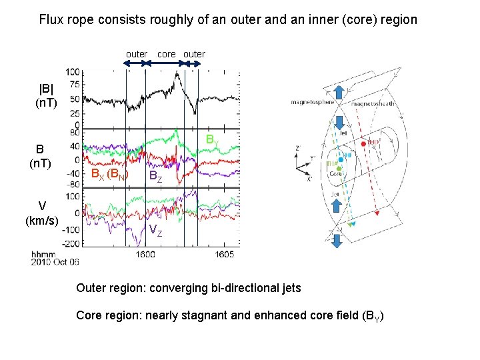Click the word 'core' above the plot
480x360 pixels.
tap(167, 53)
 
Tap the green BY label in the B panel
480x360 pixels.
tap(211, 141)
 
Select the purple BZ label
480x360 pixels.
tap(154, 177)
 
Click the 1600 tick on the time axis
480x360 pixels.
tap(145, 254)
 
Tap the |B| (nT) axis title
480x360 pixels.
tap(48, 95)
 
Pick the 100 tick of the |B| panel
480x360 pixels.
tap(73, 71)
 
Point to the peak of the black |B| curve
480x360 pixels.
tap(177, 74)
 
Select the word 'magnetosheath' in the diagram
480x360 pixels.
tap(373, 104)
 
